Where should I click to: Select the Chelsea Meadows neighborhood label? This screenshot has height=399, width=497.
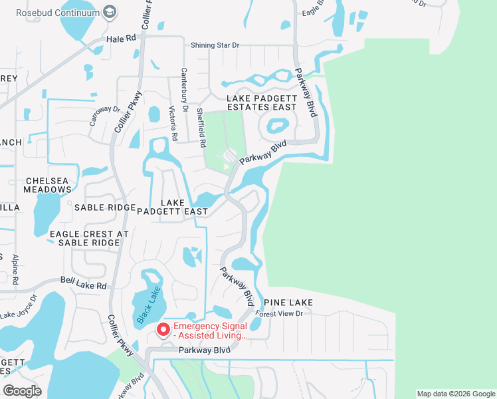(x=48, y=185)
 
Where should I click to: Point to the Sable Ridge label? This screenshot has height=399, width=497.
(x=104, y=207)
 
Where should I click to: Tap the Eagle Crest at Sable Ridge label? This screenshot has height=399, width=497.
(x=88, y=239)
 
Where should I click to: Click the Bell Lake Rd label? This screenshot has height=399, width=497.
(x=83, y=284)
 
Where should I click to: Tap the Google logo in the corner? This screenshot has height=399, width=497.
(x=22, y=391)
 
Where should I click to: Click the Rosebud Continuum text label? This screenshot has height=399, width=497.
(x=54, y=12)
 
